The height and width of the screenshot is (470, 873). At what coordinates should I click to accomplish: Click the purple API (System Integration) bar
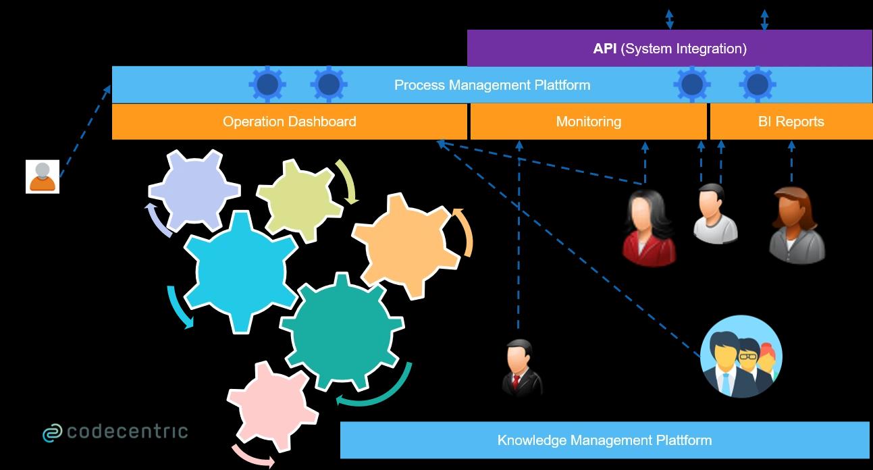click(669, 49)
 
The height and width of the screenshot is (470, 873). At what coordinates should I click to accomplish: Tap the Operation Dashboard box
click(289, 122)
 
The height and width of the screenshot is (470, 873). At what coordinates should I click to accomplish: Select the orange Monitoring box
click(589, 122)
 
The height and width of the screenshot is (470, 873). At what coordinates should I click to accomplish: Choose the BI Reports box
click(791, 122)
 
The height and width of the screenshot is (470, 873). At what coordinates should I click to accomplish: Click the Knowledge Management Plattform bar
click(605, 440)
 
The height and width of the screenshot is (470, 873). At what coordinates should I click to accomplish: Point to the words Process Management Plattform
click(492, 85)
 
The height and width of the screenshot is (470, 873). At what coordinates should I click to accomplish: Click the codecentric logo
click(115, 432)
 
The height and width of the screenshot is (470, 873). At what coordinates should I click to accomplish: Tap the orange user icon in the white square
click(43, 176)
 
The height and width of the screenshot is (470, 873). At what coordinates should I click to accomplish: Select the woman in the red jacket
click(649, 228)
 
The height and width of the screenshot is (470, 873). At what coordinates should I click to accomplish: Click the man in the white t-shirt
click(715, 213)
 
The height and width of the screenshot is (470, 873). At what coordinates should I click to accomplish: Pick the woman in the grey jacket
click(796, 226)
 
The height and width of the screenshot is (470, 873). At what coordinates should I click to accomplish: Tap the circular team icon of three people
click(741, 357)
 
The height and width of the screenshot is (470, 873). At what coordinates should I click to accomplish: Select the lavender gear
click(194, 190)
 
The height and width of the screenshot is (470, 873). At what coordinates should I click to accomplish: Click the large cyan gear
click(241, 272)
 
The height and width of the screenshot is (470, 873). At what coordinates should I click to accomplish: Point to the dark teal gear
click(342, 332)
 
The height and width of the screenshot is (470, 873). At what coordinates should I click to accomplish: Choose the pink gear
click(273, 407)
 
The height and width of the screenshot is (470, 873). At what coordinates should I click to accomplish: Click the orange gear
click(406, 246)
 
